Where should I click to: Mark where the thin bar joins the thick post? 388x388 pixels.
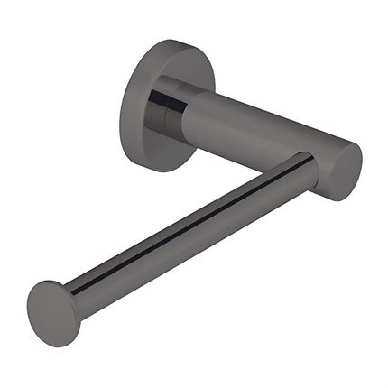(x=302, y=166)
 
